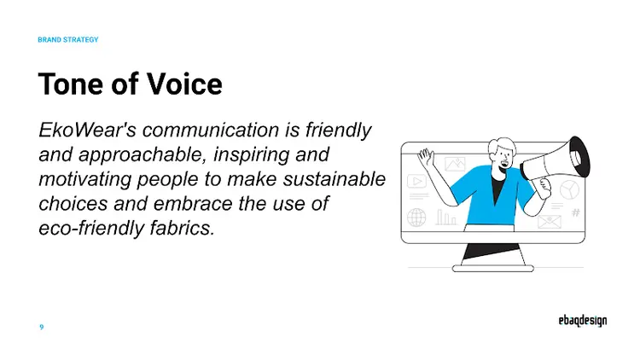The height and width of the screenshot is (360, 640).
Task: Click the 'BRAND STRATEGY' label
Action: coord(68,40)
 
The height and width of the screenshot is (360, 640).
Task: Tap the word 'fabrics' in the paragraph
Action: coord(183,229)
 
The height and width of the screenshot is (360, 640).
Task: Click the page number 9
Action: coord(42,327)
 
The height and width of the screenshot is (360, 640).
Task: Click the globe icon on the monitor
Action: coord(416,218)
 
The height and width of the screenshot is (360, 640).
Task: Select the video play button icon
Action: coord(417,181)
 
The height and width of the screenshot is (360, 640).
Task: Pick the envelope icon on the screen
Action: coord(549,221)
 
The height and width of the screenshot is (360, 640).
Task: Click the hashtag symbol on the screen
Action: coord(576,213)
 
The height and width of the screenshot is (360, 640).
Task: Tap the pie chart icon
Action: coord(569,188)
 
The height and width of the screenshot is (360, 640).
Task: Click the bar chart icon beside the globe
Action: coord(446,218)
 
